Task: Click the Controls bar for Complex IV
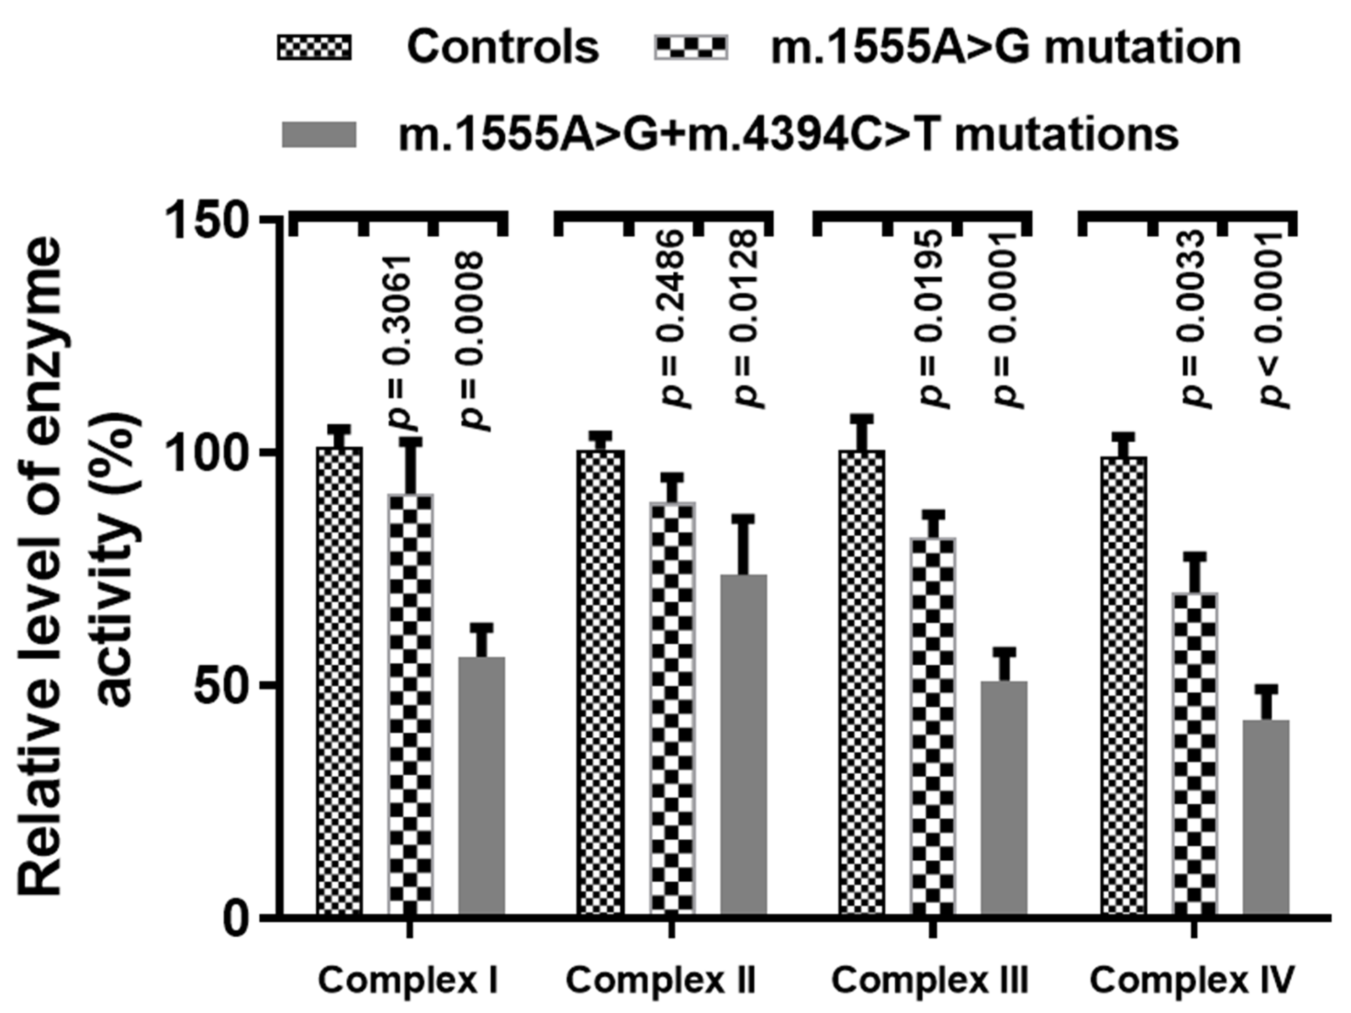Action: (1123, 684)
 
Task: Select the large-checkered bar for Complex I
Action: (410, 702)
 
